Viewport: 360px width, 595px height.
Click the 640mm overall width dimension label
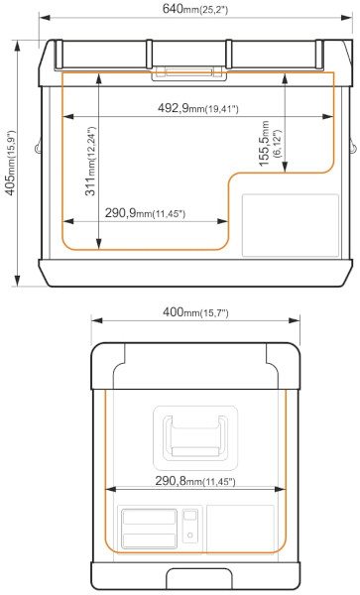(x=195, y=8)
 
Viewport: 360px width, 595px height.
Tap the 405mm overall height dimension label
(x=11, y=163)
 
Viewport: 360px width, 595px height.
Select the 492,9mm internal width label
(x=197, y=108)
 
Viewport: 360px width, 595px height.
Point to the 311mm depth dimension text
(x=90, y=161)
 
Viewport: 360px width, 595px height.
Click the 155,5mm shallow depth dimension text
(x=270, y=144)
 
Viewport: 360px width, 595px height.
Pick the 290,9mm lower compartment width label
(x=145, y=213)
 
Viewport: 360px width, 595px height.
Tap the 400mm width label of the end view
(x=195, y=312)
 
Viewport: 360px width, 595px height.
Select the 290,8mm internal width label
(x=195, y=481)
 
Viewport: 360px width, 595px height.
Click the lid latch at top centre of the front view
(x=189, y=73)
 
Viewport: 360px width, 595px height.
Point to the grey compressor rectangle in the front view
(x=291, y=225)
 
